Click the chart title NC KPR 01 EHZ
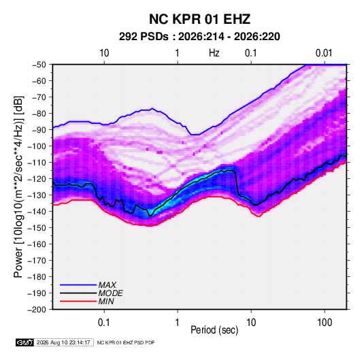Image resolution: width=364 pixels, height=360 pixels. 199,19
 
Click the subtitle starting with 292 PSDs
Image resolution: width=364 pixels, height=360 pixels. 199,37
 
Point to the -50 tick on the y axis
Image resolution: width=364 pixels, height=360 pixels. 39,65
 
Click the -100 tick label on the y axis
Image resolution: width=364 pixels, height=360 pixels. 37,146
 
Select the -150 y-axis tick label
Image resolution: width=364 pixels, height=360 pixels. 37,227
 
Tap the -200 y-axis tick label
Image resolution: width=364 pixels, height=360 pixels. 37,310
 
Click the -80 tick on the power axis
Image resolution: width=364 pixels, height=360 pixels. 39,114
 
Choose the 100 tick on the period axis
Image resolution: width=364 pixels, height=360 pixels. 325,323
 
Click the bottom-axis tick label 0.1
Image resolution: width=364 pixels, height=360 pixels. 104,323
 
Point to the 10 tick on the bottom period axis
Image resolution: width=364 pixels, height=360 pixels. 251,323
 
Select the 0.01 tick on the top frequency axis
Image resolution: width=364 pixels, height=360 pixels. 324,53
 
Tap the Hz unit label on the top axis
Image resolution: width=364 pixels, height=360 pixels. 214,53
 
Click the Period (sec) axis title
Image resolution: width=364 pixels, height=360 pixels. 214,330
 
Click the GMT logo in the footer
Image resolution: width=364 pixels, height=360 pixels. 25,342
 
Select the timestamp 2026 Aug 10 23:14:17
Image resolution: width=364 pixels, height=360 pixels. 63,342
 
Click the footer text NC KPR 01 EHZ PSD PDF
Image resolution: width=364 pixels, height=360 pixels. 126,342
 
